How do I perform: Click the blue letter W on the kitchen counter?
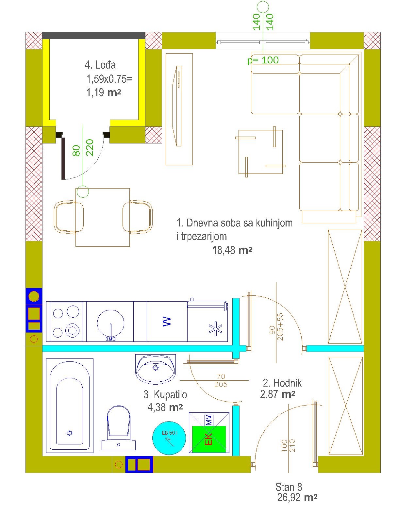(x=167, y=322)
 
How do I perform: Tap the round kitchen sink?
(x=111, y=323)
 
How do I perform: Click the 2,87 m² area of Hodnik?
(x=278, y=401)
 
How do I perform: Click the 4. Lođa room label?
(x=100, y=65)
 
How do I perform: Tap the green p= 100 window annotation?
(x=263, y=60)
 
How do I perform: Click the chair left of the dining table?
(x=69, y=217)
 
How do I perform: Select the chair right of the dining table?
(x=137, y=217)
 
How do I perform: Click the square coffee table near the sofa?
(x=260, y=152)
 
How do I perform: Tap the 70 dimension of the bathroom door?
(x=221, y=376)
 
